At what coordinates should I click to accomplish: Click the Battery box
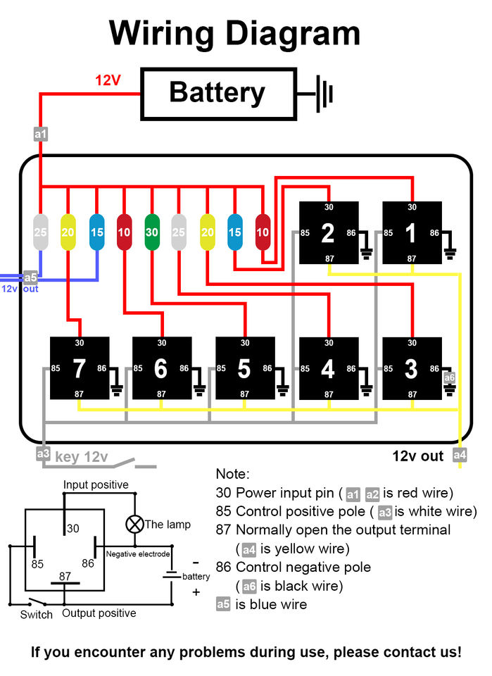click(217, 92)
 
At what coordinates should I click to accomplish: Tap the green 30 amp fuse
click(151, 232)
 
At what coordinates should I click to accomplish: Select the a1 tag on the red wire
click(41, 134)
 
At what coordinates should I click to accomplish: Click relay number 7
click(80, 368)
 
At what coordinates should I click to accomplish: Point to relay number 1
click(412, 232)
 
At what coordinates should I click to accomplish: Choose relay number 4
click(329, 368)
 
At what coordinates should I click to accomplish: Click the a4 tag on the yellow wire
click(460, 456)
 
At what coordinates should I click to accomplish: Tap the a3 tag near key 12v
click(44, 454)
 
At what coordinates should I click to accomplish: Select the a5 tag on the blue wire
click(30, 277)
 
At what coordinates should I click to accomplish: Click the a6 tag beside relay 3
click(449, 378)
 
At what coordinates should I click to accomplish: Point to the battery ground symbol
click(321, 92)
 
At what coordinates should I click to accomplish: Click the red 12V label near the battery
click(108, 80)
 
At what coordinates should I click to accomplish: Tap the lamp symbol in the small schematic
click(134, 524)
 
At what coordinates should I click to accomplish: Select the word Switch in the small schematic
click(37, 614)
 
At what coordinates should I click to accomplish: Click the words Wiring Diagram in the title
click(235, 33)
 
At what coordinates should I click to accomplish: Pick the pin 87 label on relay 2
click(329, 259)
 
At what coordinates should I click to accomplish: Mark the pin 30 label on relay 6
click(162, 343)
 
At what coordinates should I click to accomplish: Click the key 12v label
click(81, 457)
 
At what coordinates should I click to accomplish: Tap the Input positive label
click(96, 484)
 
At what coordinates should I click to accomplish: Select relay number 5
click(245, 368)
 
